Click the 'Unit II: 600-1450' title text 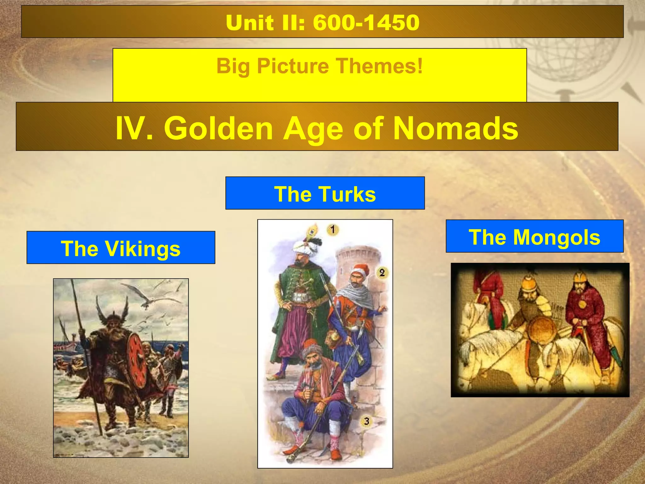[x=322, y=23]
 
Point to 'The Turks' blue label [x=325, y=193]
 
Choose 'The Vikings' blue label [x=121, y=248]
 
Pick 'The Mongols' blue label [x=534, y=237]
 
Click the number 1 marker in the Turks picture [x=333, y=229]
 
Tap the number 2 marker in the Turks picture [x=382, y=273]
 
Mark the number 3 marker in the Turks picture [x=366, y=421]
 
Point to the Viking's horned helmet [x=113, y=312]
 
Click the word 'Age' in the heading [x=312, y=129]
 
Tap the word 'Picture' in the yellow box [x=293, y=66]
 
